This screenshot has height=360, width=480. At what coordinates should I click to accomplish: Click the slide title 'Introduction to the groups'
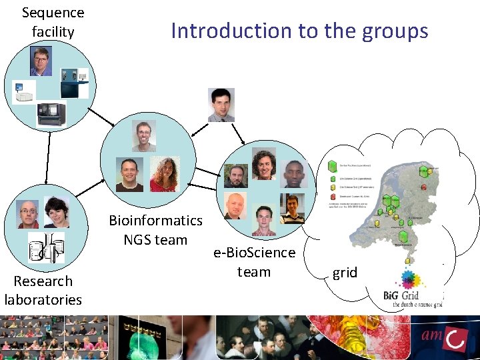(299, 31)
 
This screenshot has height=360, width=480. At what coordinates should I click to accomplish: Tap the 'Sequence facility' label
(53, 22)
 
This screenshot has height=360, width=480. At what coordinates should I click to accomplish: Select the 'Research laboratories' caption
(43, 290)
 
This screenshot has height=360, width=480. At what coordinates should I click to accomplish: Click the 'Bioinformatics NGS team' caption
(155, 229)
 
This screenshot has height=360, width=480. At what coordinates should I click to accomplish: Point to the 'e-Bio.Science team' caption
(254, 262)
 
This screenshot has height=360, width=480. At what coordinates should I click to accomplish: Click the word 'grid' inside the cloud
(345, 272)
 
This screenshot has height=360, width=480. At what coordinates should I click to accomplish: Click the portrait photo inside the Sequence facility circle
(41, 61)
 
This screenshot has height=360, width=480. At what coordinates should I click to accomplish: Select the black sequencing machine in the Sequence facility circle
(51, 114)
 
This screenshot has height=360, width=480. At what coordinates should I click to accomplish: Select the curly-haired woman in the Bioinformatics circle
(163, 175)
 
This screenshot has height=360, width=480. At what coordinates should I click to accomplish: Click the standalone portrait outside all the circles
(221, 105)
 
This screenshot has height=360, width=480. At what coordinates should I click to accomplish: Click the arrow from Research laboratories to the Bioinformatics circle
(87, 188)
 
